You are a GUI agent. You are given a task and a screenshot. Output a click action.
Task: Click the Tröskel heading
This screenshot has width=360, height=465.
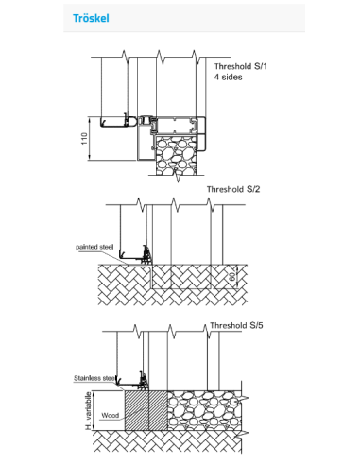point(91,18)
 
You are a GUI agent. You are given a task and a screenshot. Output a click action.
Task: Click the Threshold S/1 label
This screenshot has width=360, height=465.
point(241,66)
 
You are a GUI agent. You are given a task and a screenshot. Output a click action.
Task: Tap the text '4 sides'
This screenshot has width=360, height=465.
point(229,77)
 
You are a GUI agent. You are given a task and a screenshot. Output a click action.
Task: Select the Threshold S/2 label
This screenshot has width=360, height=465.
point(233,189)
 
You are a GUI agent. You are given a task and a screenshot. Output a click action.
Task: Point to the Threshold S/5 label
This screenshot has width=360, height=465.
point(236,325)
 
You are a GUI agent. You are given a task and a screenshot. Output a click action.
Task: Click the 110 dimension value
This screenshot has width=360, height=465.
point(84,139)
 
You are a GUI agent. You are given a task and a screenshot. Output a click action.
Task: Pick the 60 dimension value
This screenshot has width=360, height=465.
point(232,277)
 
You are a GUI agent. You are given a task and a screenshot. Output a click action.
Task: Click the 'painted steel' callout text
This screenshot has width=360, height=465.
point(94,247)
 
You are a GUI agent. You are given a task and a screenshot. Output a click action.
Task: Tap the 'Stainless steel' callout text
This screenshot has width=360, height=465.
point(94,378)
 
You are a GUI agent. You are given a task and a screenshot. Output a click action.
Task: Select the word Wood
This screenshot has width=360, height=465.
point(111,415)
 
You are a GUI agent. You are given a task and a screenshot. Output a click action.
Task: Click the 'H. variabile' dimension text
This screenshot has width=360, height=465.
point(89,410)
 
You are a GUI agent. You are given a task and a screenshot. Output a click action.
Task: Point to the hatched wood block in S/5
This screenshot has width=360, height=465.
point(146,410)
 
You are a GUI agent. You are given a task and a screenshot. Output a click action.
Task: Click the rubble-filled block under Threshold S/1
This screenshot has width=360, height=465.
point(177,155)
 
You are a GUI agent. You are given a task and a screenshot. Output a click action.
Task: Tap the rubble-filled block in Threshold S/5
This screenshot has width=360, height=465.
point(204,410)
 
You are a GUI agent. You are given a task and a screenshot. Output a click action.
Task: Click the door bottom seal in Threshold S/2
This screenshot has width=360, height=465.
point(146,255)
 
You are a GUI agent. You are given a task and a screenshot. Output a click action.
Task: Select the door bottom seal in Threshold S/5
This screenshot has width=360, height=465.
point(144,380)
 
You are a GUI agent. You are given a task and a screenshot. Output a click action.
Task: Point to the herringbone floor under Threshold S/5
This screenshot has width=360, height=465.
point(167,441)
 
